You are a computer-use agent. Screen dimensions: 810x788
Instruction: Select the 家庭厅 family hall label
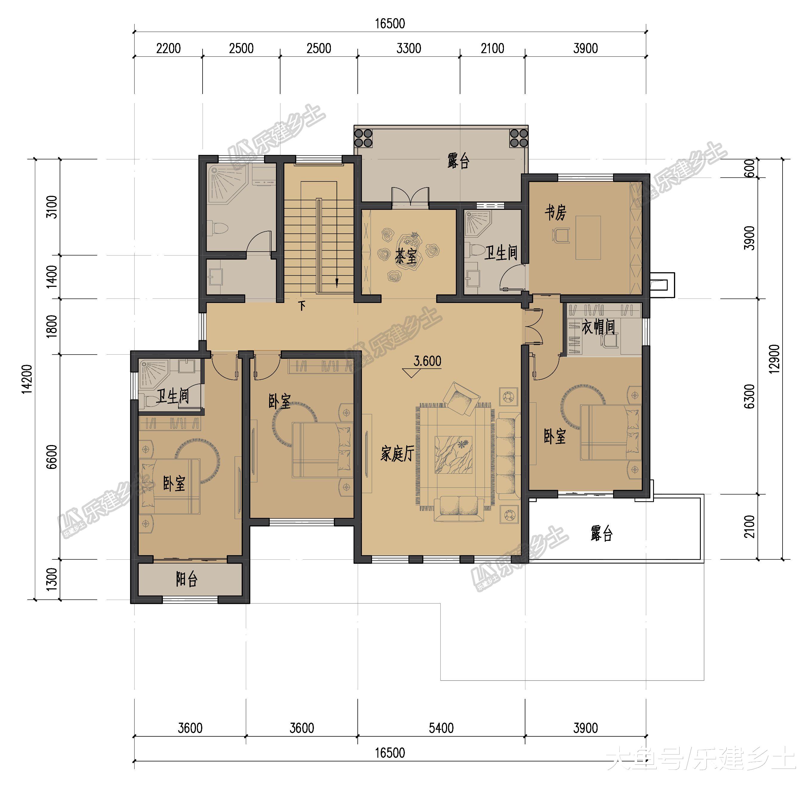(x=397, y=454)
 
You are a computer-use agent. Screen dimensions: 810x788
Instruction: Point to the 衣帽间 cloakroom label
(x=598, y=327)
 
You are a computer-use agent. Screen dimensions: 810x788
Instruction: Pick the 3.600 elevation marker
(x=427, y=361)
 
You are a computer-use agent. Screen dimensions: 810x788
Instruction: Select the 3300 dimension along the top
(x=409, y=48)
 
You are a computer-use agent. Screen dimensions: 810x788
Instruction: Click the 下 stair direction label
(x=303, y=306)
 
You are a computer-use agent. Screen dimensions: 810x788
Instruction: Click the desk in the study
(x=588, y=238)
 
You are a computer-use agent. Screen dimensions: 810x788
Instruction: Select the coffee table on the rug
(x=454, y=454)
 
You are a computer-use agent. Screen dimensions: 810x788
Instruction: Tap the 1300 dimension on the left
(x=52, y=579)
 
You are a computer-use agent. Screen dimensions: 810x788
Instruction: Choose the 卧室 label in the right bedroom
(x=555, y=436)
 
